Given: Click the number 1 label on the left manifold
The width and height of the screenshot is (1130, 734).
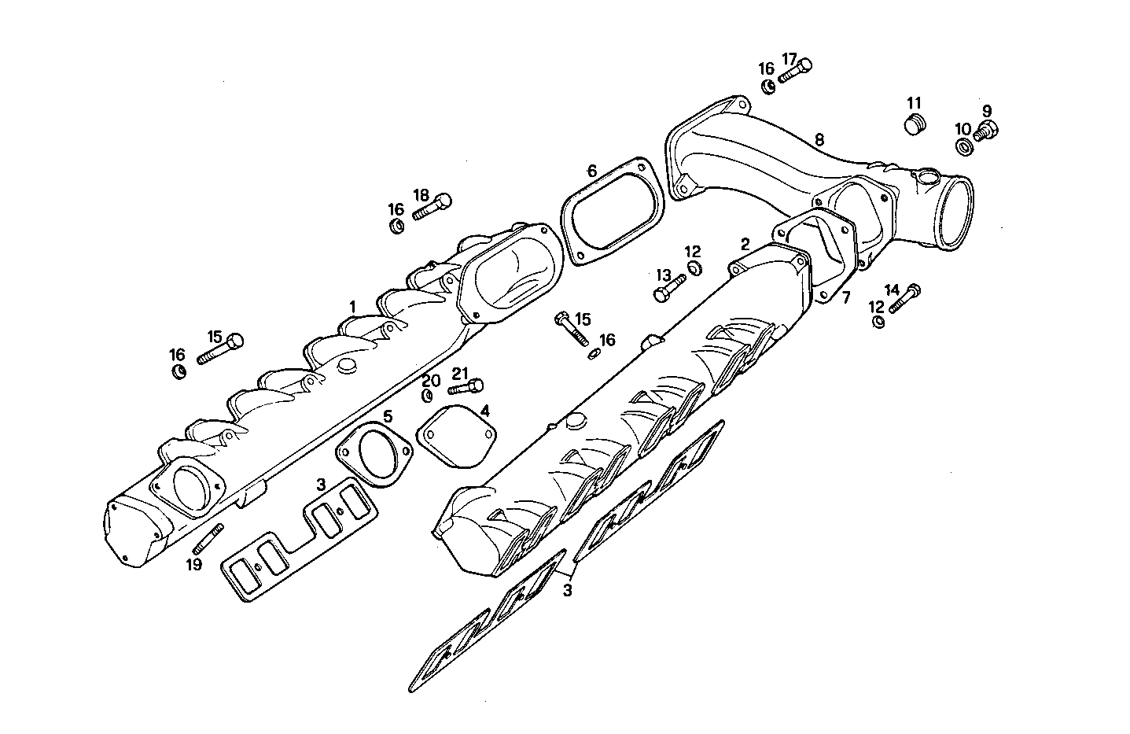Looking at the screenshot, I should (x=353, y=306).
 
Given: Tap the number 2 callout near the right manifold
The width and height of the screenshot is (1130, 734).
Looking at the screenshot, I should (x=745, y=244).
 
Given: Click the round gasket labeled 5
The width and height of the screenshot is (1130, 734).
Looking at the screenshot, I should (x=374, y=456).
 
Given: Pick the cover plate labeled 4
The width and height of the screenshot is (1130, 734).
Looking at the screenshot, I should (x=457, y=435).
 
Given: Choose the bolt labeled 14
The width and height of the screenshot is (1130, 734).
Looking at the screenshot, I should (x=904, y=299).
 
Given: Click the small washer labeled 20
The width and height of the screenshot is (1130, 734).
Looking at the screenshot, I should (x=429, y=395).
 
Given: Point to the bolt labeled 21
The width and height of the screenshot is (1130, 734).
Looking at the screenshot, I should (x=466, y=386).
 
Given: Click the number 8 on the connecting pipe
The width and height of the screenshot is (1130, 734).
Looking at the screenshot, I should (x=819, y=140).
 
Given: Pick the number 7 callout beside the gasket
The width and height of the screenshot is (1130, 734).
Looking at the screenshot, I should (x=846, y=297).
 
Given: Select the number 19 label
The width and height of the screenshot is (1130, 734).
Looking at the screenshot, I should (x=194, y=564).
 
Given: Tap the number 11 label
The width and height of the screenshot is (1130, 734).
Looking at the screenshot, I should (x=913, y=103).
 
